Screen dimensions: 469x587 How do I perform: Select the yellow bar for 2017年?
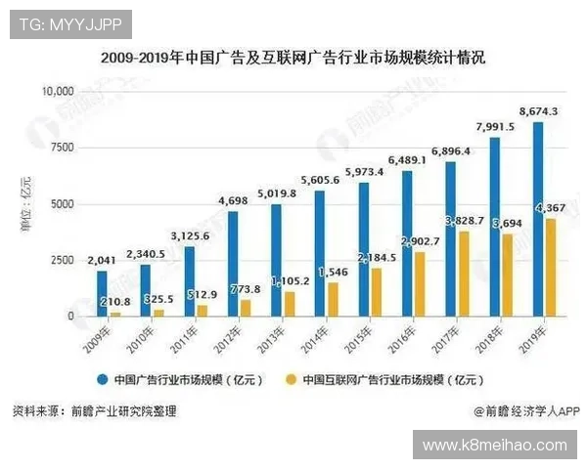coord(464,274)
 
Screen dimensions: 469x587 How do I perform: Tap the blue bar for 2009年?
coord(101,293)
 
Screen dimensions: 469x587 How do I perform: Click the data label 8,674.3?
coord(538,112)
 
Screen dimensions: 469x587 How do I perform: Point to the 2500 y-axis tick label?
coord(61,260)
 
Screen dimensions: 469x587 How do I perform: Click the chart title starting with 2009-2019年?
coord(293,58)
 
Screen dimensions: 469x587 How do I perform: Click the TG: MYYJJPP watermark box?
coord(69,22)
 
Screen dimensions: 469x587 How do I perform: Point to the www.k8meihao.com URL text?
coord(494,446)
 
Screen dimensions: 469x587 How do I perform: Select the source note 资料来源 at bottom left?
coord(94,411)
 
